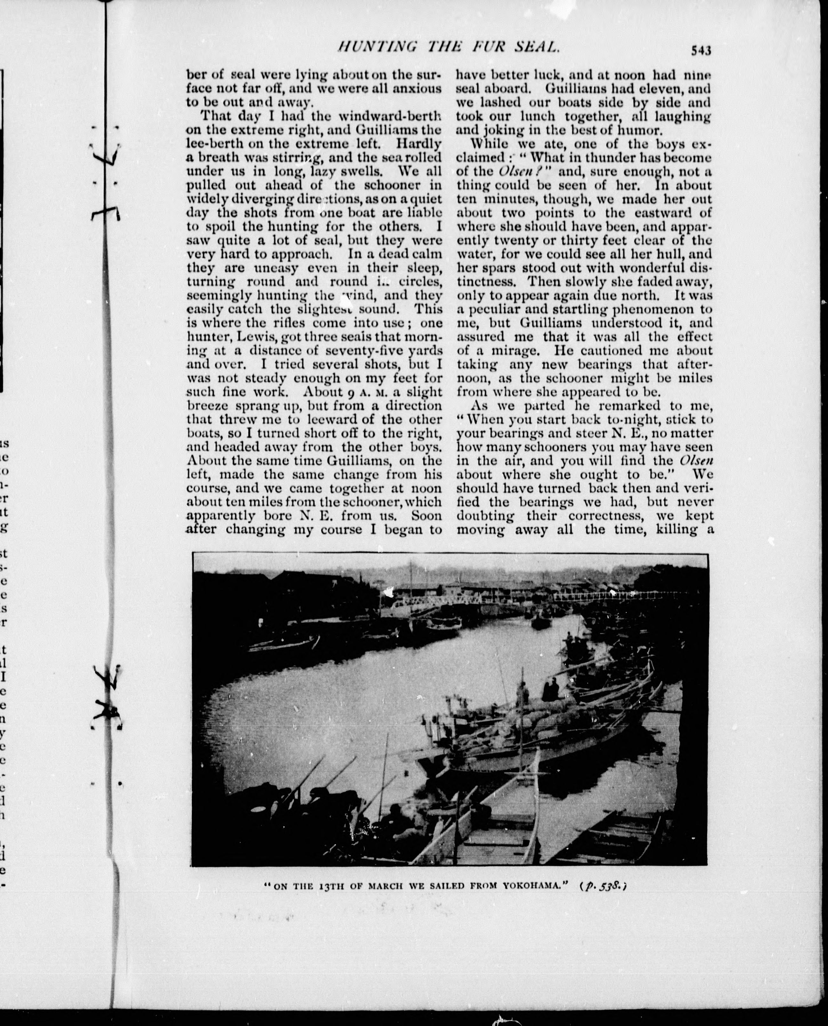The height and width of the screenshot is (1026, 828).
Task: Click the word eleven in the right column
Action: click(655, 88)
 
